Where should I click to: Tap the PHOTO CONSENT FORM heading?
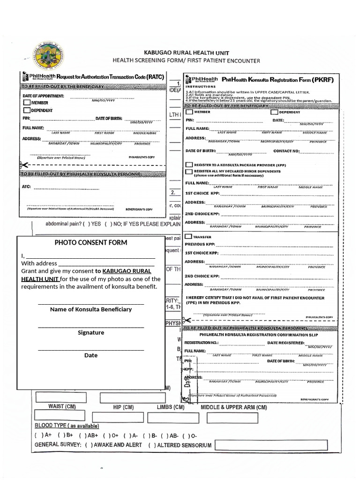[x=91, y=242]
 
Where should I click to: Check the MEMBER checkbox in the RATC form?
[x=27, y=103]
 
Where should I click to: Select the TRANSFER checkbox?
[x=188, y=237]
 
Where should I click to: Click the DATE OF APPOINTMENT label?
[x=43, y=96]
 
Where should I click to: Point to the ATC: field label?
[x=26, y=187]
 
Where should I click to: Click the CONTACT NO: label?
[x=286, y=151]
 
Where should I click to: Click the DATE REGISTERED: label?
[x=286, y=343]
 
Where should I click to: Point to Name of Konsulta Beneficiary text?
[x=91, y=309]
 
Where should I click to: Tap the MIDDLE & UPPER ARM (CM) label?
[x=233, y=407]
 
